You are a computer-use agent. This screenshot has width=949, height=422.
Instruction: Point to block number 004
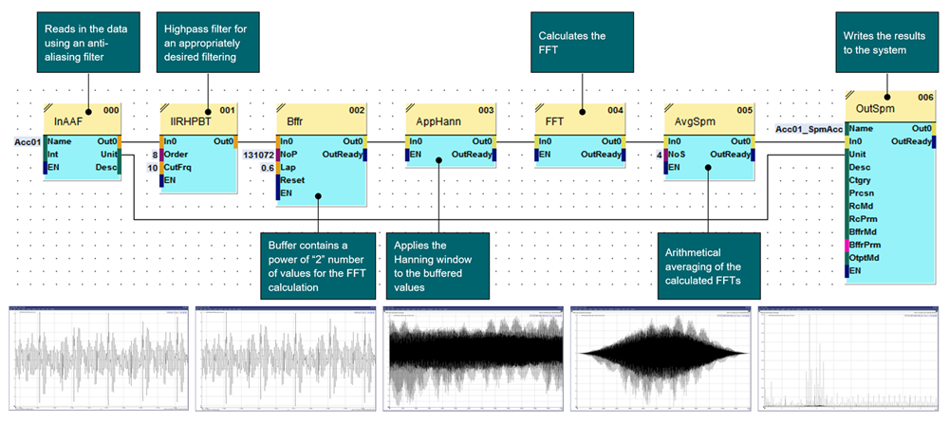coord(616,110)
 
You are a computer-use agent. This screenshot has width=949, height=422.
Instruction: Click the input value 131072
coord(258,154)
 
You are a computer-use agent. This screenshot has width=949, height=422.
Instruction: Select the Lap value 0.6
coord(267,167)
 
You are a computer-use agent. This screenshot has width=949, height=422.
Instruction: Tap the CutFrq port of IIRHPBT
coord(183,167)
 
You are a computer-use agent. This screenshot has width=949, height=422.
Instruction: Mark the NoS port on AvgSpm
coord(677,154)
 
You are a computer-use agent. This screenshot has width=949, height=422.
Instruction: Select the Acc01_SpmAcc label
coord(809,128)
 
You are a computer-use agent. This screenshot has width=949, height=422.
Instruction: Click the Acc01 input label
coord(26,140)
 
